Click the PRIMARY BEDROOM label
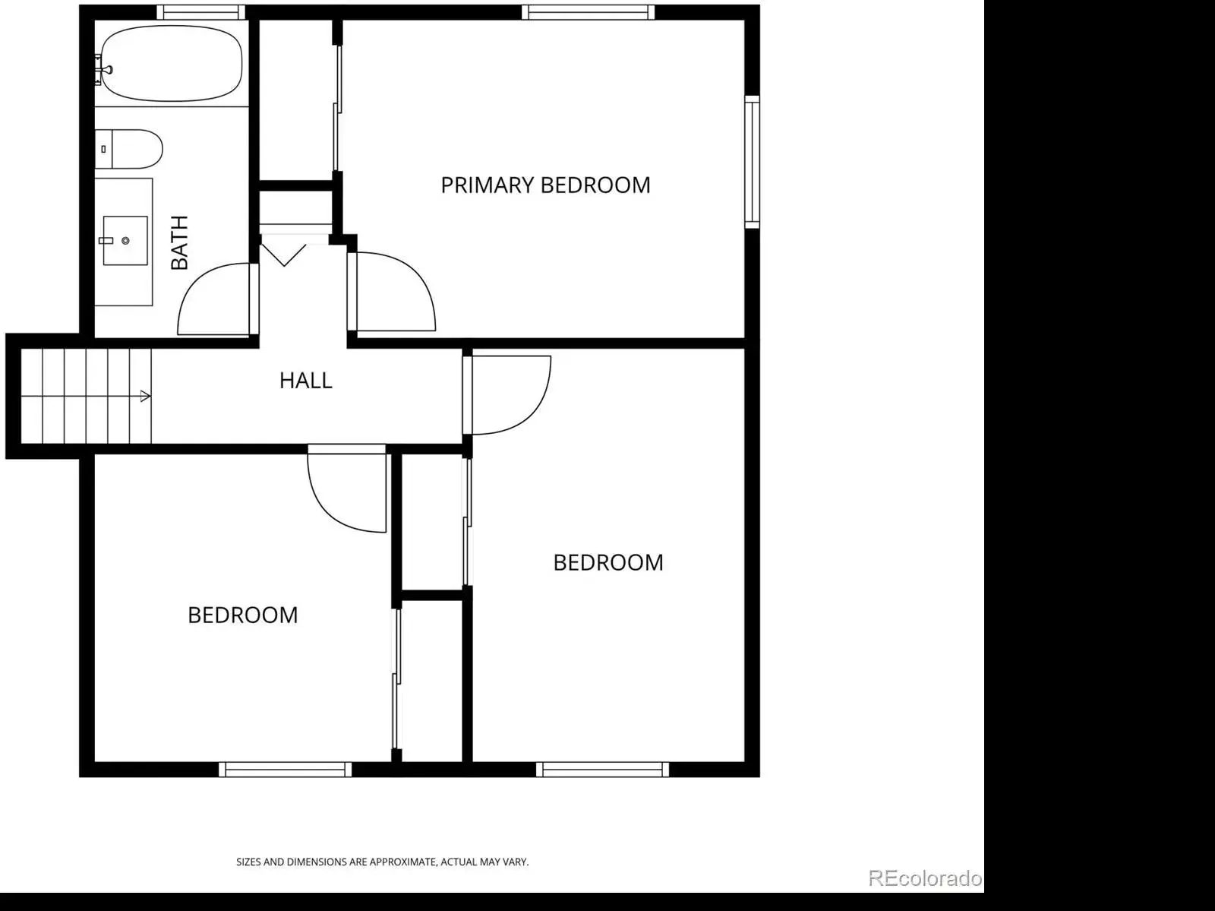click(x=545, y=185)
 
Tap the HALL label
click(x=305, y=381)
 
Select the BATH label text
click(x=179, y=242)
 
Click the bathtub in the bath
click(x=171, y=63)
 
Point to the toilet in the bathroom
click(x=128, y=149)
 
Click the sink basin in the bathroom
click(x=125, y=240)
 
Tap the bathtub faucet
click(x=105, y=70)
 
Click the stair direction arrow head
click(x=146, y=396)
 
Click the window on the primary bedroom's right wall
click(x=753, y=162)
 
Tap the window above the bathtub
click(x=201, y=12)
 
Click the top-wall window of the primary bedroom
click(x=588, y=12)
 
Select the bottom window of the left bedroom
click(x=285, y=769)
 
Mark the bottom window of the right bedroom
click(x=602, y=769)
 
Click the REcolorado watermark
click(x=925, y=878)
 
